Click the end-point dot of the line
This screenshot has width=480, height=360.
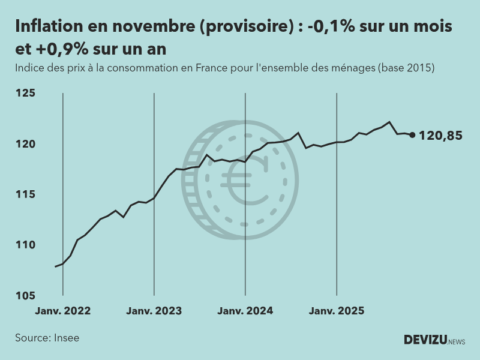(x=412, y=135)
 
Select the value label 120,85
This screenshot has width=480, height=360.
(x=440, y=136)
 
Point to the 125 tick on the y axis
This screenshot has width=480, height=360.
(x=26, y=93)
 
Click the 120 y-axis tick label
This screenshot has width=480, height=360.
(x=26, y=144)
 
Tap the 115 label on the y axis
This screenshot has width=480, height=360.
(x=26, y=194)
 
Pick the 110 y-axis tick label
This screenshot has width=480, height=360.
(x=26, y=245)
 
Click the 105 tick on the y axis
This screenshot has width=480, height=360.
(x=26, y=295)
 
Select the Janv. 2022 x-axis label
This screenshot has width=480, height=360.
(x=63, y=311)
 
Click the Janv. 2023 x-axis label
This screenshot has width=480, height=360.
(x=154, y=311)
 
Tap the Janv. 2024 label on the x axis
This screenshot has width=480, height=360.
(x=245, y=311)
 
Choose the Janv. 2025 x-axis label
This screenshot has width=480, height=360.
(x=336, y=311)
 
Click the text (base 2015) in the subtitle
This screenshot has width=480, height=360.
(x=406, y=68)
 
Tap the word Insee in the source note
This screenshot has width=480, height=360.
(x=67, y=338)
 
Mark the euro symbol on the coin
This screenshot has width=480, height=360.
(x=247, y=180)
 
